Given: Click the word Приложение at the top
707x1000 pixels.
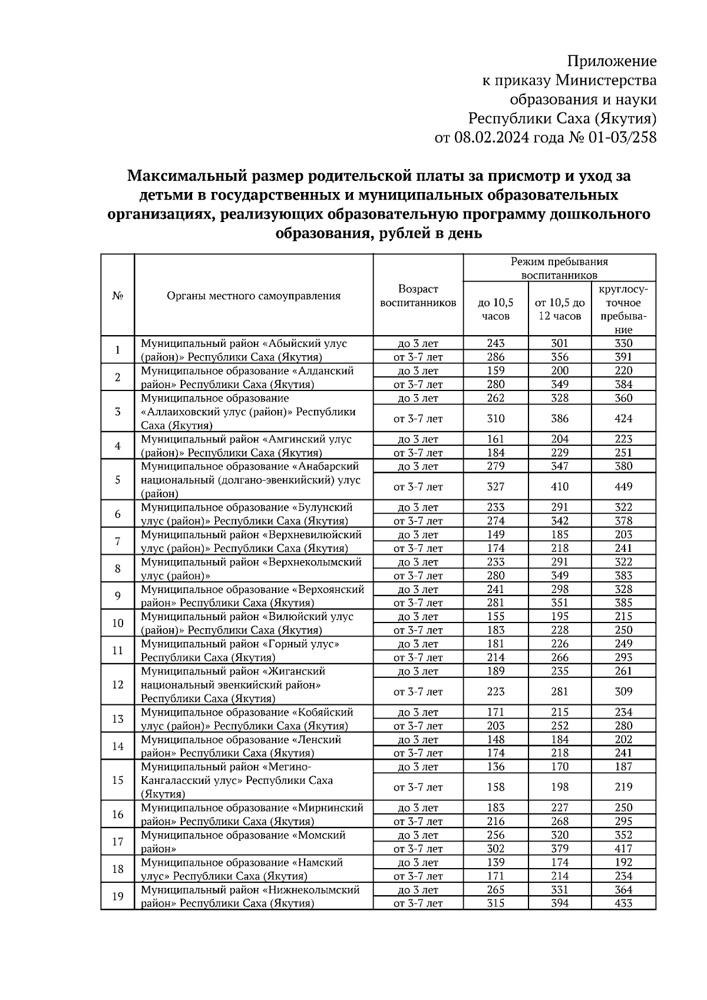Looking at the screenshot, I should point(612,61).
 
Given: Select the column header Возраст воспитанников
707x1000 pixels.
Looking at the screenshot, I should point(418,296).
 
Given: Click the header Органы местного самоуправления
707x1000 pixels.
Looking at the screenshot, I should point(253,296).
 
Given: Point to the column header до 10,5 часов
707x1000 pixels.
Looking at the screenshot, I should point(495,309).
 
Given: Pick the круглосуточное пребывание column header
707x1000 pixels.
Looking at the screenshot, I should point(623,309).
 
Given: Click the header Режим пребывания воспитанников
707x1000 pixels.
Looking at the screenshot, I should point(559,268).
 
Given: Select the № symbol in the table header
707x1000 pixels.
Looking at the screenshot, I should point(117,296).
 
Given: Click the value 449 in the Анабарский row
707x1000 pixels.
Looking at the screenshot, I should point(623,486).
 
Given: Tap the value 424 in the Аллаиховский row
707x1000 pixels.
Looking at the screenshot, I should point(623,419).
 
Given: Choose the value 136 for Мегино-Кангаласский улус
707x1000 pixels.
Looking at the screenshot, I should point(495,766).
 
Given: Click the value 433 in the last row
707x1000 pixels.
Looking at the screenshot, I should point(623,903).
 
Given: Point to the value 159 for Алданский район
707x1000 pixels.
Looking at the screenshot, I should point(495,370).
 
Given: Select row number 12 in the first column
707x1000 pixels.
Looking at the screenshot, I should point(117,684).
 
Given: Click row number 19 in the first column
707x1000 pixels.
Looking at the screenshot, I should point(117,896).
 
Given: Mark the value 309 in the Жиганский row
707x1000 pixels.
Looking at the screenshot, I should point(623,691).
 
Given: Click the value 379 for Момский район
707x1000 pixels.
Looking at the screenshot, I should point(559,848).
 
